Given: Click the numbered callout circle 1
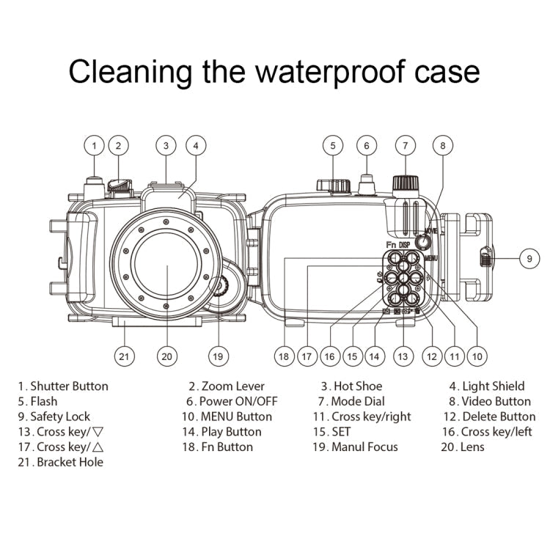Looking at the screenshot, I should click(94, 144).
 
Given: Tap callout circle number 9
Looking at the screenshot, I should click(529, 257).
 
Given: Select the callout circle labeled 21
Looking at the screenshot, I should click(125, 356).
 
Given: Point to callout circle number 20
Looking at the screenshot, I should click(167, 356).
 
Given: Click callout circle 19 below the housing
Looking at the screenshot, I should click(216, 356).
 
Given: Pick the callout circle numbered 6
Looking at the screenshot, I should click(367, 144).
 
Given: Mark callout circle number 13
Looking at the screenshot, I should click(402, 356).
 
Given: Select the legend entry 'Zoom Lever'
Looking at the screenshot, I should click(233, 386).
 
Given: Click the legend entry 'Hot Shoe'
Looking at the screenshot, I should click(358, 386).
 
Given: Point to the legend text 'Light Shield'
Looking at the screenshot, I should click(493, 386).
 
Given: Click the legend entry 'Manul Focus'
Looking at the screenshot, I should click(365, 447).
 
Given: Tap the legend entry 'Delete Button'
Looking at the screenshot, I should click(499, 417).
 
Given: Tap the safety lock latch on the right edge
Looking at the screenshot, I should click(485, 257).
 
